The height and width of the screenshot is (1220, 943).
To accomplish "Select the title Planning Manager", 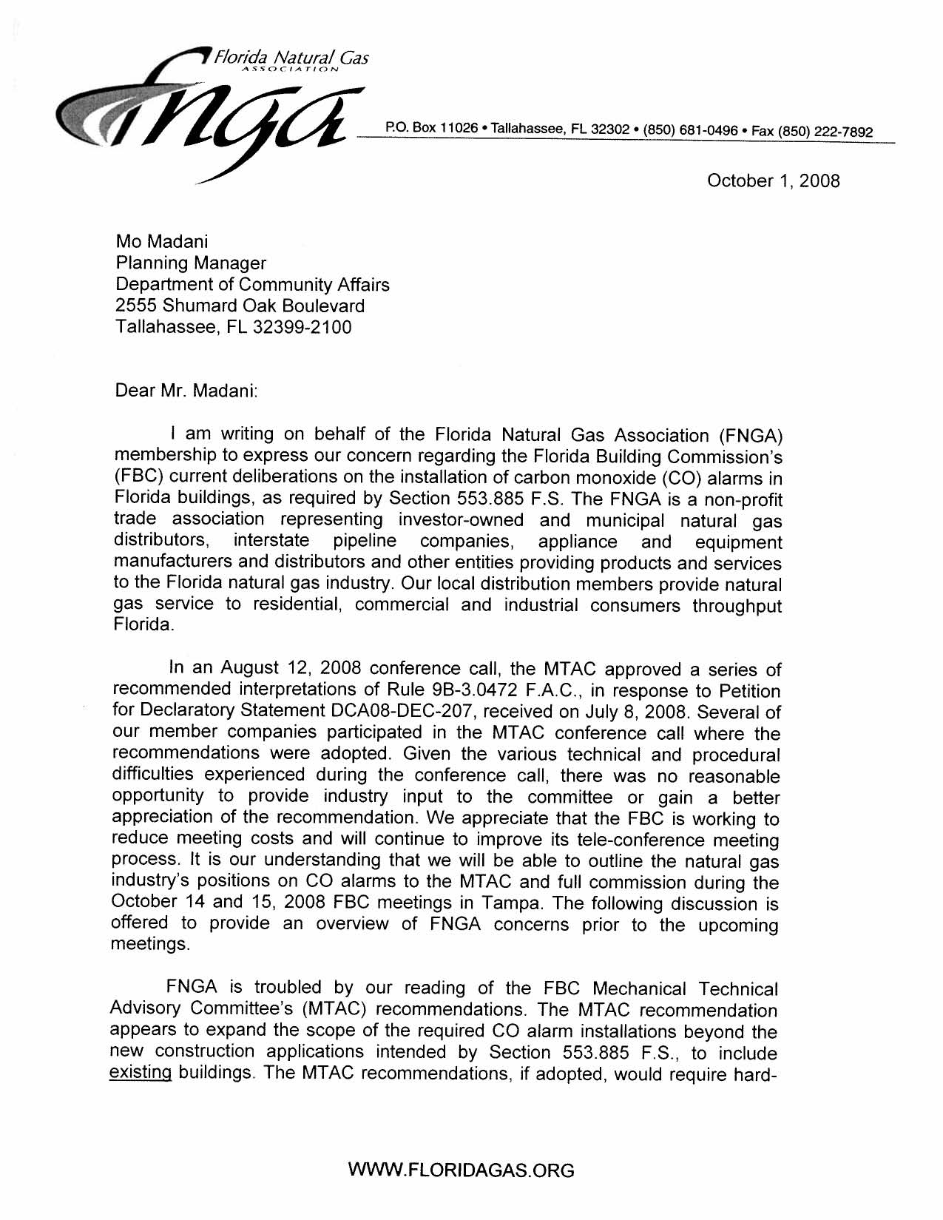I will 191,263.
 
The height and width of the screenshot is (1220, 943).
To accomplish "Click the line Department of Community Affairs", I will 252,284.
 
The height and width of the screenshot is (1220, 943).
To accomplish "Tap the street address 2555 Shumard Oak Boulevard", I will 240,306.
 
